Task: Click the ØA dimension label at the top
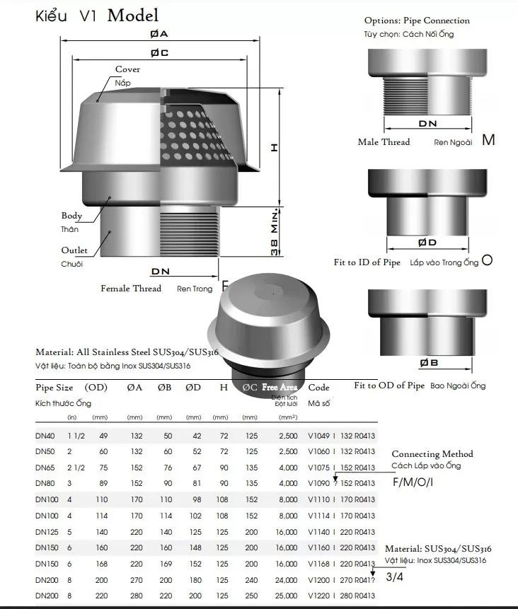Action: (159, 34)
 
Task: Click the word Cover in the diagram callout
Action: (127, 69)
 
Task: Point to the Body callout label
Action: (71, 216)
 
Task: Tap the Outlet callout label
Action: (74, 250)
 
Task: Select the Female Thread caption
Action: (131, 289)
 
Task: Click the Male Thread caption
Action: (384, 142)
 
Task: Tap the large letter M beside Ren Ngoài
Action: (488, 140)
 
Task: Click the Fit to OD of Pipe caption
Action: (389, 385)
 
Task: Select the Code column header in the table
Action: (319, 388)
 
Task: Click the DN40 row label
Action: (46, 436)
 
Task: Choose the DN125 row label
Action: (47, 531)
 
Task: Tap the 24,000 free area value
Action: (282, 580)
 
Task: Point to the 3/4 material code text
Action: (395, 577)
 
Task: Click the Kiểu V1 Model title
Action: (97, 16)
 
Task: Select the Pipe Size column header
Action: (54, 388)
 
